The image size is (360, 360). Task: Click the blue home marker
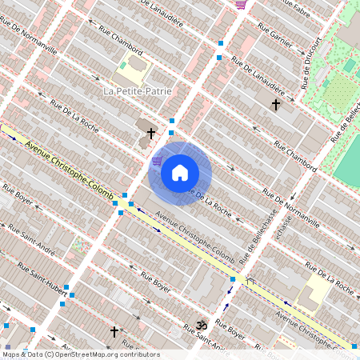tap(180, 173)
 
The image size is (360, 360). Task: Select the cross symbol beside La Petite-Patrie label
tap(151, 133)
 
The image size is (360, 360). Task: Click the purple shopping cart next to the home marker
tap(157, 161)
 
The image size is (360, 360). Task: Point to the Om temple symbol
tap(201, 326)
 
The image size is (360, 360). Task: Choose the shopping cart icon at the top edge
tap(241, 5)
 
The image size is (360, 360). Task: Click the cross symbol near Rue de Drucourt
tap(276, 104)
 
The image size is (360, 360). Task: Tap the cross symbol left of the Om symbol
tap(114, 330)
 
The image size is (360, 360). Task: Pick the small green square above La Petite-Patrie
tap(123, 66)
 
